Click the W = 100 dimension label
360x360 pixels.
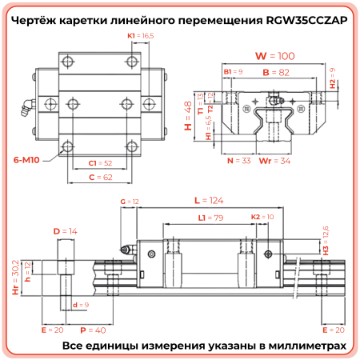[274, 56]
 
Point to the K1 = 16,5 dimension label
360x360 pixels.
[141, 36]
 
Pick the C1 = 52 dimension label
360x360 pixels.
[100, 163]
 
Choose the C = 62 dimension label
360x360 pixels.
[100, 177]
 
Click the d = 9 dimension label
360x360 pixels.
[80, 305]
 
